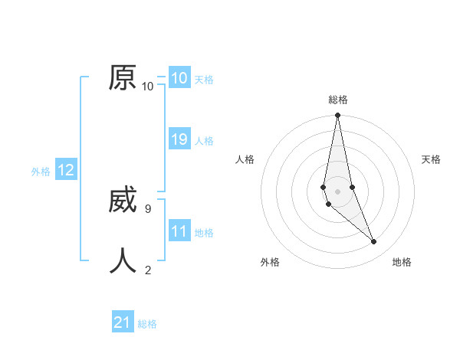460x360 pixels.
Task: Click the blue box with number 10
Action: point(179,78)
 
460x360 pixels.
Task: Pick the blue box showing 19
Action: point(179,139)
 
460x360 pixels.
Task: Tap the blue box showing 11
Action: point(179,231)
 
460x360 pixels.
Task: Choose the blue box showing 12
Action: point(66,170)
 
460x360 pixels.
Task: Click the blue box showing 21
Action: point(122,322)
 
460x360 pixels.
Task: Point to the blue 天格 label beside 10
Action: point(204,80)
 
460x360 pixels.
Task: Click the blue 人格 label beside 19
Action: point(204,141)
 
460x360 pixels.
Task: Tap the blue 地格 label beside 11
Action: point(204,233)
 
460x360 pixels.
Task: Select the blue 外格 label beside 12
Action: point(41,172)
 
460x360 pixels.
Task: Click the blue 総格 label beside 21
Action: point(147,324)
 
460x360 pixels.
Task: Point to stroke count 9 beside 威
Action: point(147,208)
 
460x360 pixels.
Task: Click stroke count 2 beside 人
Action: point(148,269)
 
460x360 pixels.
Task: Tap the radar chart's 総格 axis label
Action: point(338,100)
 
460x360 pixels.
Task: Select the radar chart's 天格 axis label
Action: point(431,159)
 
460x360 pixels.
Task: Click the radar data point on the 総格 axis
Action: point(338,116)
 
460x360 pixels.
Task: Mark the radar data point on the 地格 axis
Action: point(374,242)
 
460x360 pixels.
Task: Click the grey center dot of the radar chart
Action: point(338,191)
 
